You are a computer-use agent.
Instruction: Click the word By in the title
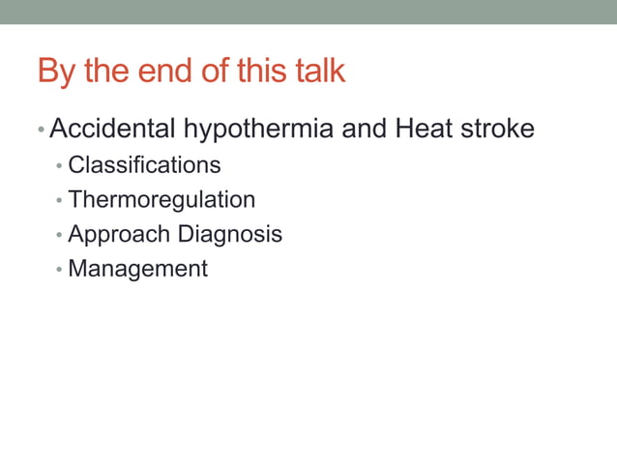54,72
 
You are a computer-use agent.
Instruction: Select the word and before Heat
365,129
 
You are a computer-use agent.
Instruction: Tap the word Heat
424,129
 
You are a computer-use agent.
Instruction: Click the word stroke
497,129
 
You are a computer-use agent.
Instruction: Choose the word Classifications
144,165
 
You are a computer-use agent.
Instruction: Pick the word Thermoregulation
162,200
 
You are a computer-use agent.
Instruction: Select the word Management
137,269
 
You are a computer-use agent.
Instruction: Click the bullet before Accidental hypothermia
42,130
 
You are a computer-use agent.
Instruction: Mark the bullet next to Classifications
59,166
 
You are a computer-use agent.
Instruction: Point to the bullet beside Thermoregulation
59,201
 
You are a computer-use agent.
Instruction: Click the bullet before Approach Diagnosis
59,236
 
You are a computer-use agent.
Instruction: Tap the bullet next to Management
59,270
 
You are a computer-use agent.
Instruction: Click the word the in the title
105,72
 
